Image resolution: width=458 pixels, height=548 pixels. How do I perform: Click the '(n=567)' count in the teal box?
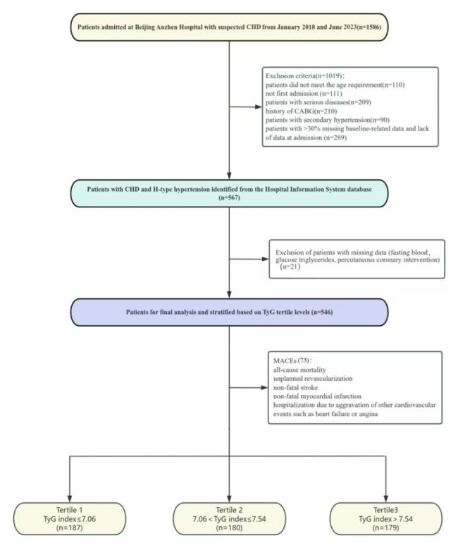coord(230,200)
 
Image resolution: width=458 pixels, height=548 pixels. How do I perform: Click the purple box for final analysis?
coord(230,312)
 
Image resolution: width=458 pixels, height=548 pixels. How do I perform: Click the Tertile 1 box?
coord(70,518)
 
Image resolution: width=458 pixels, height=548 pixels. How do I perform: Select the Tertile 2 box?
coord(230,518)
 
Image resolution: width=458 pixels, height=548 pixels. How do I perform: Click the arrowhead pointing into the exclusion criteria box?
coord(259,108)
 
